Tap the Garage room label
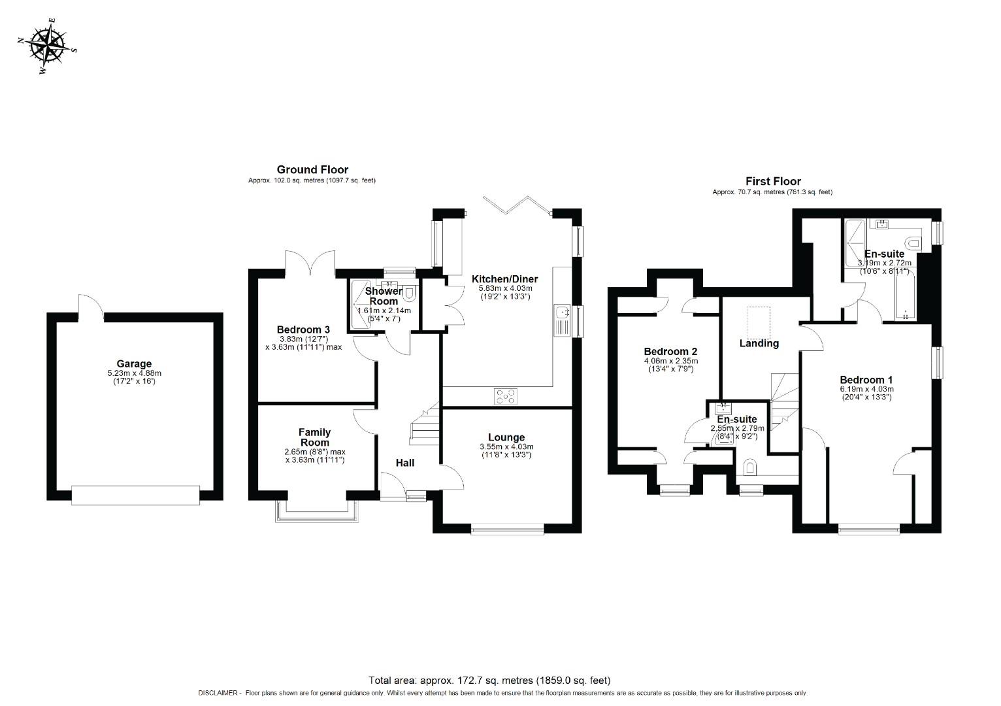click(134, 364)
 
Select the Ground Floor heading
click(312, 170)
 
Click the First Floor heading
click(773, 182)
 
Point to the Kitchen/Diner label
click(504, 279)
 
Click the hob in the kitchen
click(506, 396)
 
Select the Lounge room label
click(506, 437)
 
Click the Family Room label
click(314, 437)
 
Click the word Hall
click(405, 463)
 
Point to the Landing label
click(759, 343)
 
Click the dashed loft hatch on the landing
click(759, 321)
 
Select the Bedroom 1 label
click(866, 380)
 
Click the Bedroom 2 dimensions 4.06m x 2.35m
click(670, 361)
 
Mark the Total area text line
click(489, 680)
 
